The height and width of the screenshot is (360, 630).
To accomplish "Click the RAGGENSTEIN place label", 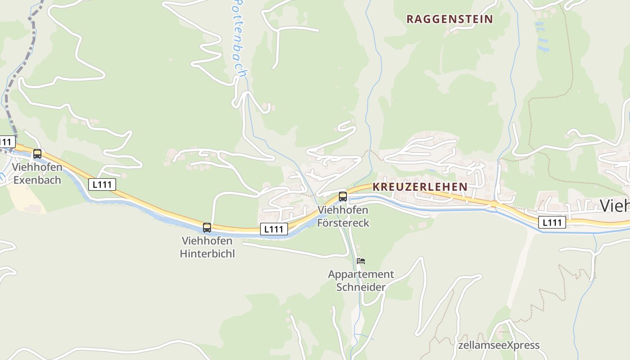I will (x=450, y=19).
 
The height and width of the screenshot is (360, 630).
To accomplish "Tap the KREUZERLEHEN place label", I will (x=420, y=187).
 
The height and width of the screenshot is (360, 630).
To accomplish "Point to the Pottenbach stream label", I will (x=239, y=38).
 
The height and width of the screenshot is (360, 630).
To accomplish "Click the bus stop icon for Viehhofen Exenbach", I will (x=37, y=154).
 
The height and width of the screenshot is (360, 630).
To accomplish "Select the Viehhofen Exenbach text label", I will (x=37, y=174).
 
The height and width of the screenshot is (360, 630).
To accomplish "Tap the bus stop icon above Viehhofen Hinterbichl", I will (x=207, y=228).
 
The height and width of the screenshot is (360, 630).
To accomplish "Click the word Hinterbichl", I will (x=207, y=254).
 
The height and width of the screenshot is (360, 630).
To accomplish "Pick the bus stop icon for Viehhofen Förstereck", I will (x=343, y=197).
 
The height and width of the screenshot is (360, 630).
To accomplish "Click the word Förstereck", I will (x=343, y=223).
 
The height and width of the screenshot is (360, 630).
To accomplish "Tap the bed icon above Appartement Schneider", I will (x=360, y=261).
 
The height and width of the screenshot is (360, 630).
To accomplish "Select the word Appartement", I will (x=361, y=274).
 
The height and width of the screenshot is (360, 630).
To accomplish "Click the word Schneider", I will (x=361, y=287).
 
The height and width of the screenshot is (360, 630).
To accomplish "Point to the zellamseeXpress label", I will (x=499, y=345).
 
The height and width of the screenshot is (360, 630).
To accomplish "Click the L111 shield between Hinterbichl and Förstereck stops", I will (x=274, y=229).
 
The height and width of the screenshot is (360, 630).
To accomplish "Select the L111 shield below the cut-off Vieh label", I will (x=552, y=222).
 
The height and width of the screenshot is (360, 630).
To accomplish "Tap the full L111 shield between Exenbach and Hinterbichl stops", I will (x=102, y=184).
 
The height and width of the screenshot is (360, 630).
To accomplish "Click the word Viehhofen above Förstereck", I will (x=343, y=210).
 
